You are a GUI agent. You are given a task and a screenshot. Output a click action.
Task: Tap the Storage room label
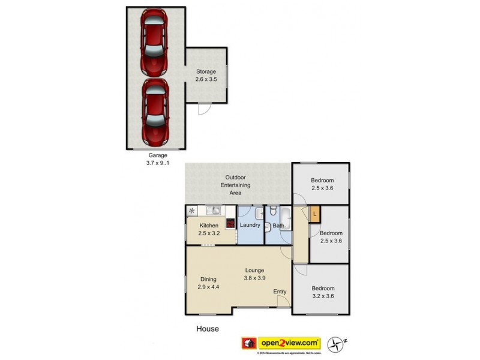point(205,75)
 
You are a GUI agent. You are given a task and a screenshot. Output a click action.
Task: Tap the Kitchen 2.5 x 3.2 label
point(209,230)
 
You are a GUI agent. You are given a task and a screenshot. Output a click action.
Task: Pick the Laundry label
point(250,226)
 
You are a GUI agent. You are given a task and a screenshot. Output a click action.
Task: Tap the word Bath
point(278,226)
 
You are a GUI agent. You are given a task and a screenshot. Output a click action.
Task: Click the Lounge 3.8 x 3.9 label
point(254,274)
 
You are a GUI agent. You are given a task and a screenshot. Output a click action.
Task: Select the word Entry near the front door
point(280,292)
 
